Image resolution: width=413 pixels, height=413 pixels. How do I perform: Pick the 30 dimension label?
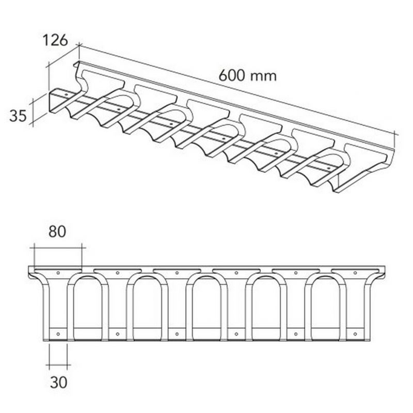58,382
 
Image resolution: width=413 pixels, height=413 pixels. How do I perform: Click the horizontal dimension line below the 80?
57,247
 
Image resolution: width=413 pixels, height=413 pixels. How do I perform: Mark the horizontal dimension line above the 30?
58,366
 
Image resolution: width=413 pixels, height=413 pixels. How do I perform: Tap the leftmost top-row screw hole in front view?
58,272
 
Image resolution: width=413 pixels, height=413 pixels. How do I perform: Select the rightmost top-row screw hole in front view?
355,272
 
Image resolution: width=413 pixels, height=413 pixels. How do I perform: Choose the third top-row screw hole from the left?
177,272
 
